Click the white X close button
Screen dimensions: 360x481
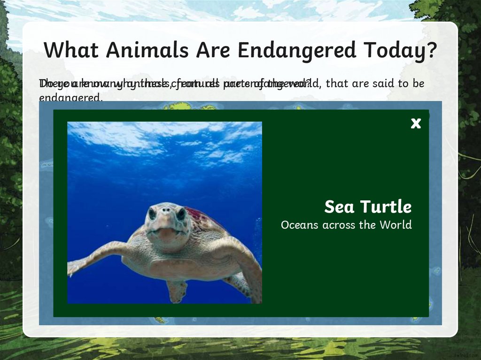coord(416,123)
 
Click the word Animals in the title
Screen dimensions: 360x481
coord(139,50)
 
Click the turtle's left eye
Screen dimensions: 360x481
coord(152,214)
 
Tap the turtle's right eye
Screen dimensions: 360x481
coord(180,214)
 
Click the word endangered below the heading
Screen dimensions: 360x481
coord(70,98)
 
